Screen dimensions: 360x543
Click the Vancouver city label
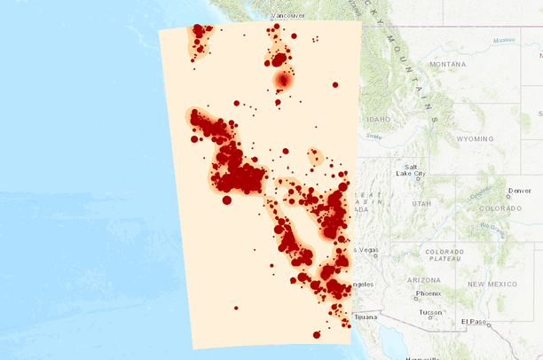pyautogui.click(x=287, y=16)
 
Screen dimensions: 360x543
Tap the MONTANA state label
pyautogui.click(x=447, y=64)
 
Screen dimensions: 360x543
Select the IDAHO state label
pyautogui.click(x=377, y=118)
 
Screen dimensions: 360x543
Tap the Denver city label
pyautogui.click(x=520, y=191)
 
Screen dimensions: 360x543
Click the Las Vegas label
pyautogui.click(x=364, y=250)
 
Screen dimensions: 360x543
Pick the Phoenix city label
pyautogui.click(x=428, y=293)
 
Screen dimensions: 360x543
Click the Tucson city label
pyautogui.click(x=432, y=312)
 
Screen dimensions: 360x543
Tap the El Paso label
pyautogui.click(x=475, y=321)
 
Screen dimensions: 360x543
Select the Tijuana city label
pyautogui.click(x=366, y=316)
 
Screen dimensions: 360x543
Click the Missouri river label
pyautogui.click(x=505, y=40)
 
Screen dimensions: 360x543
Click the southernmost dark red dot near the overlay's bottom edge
pyautogui.click(x=317, y=334)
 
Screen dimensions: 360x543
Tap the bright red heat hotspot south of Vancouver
pyautogui.click(x=283, y=81)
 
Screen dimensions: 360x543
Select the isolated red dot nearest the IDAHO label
pyautogui.click(x=335, y=85)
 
